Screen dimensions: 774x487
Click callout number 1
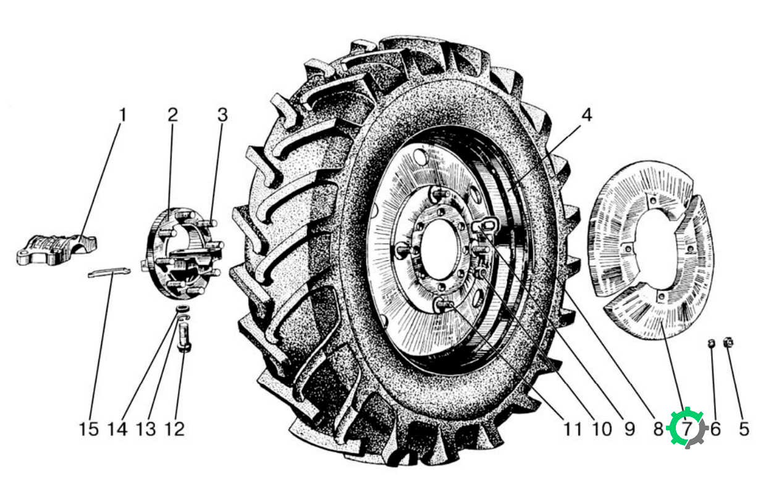click(122, 115)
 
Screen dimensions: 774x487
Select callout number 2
click(172, 115)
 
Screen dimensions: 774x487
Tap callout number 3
click(222, 115)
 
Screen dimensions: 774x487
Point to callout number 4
click(587, 115)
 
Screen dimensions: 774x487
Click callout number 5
click(744, 430)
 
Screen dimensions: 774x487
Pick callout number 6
click(715, 430)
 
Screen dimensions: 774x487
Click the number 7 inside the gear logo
click(686, 430)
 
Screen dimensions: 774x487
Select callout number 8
click(658, 430)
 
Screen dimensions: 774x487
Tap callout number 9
click(629, 430)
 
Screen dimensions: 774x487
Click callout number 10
click(602, 430)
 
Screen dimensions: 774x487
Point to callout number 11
click(573, 430)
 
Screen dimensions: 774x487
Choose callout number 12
click(174, 430)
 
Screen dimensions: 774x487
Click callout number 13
click(146, 430)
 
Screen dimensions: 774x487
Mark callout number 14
click(117, 430)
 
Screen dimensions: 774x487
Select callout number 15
click(89, 430)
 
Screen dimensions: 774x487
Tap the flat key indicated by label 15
click(109, 272)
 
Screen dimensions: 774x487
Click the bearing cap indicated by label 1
click(57, 250)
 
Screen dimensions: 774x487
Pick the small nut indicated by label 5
click(728, 342)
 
